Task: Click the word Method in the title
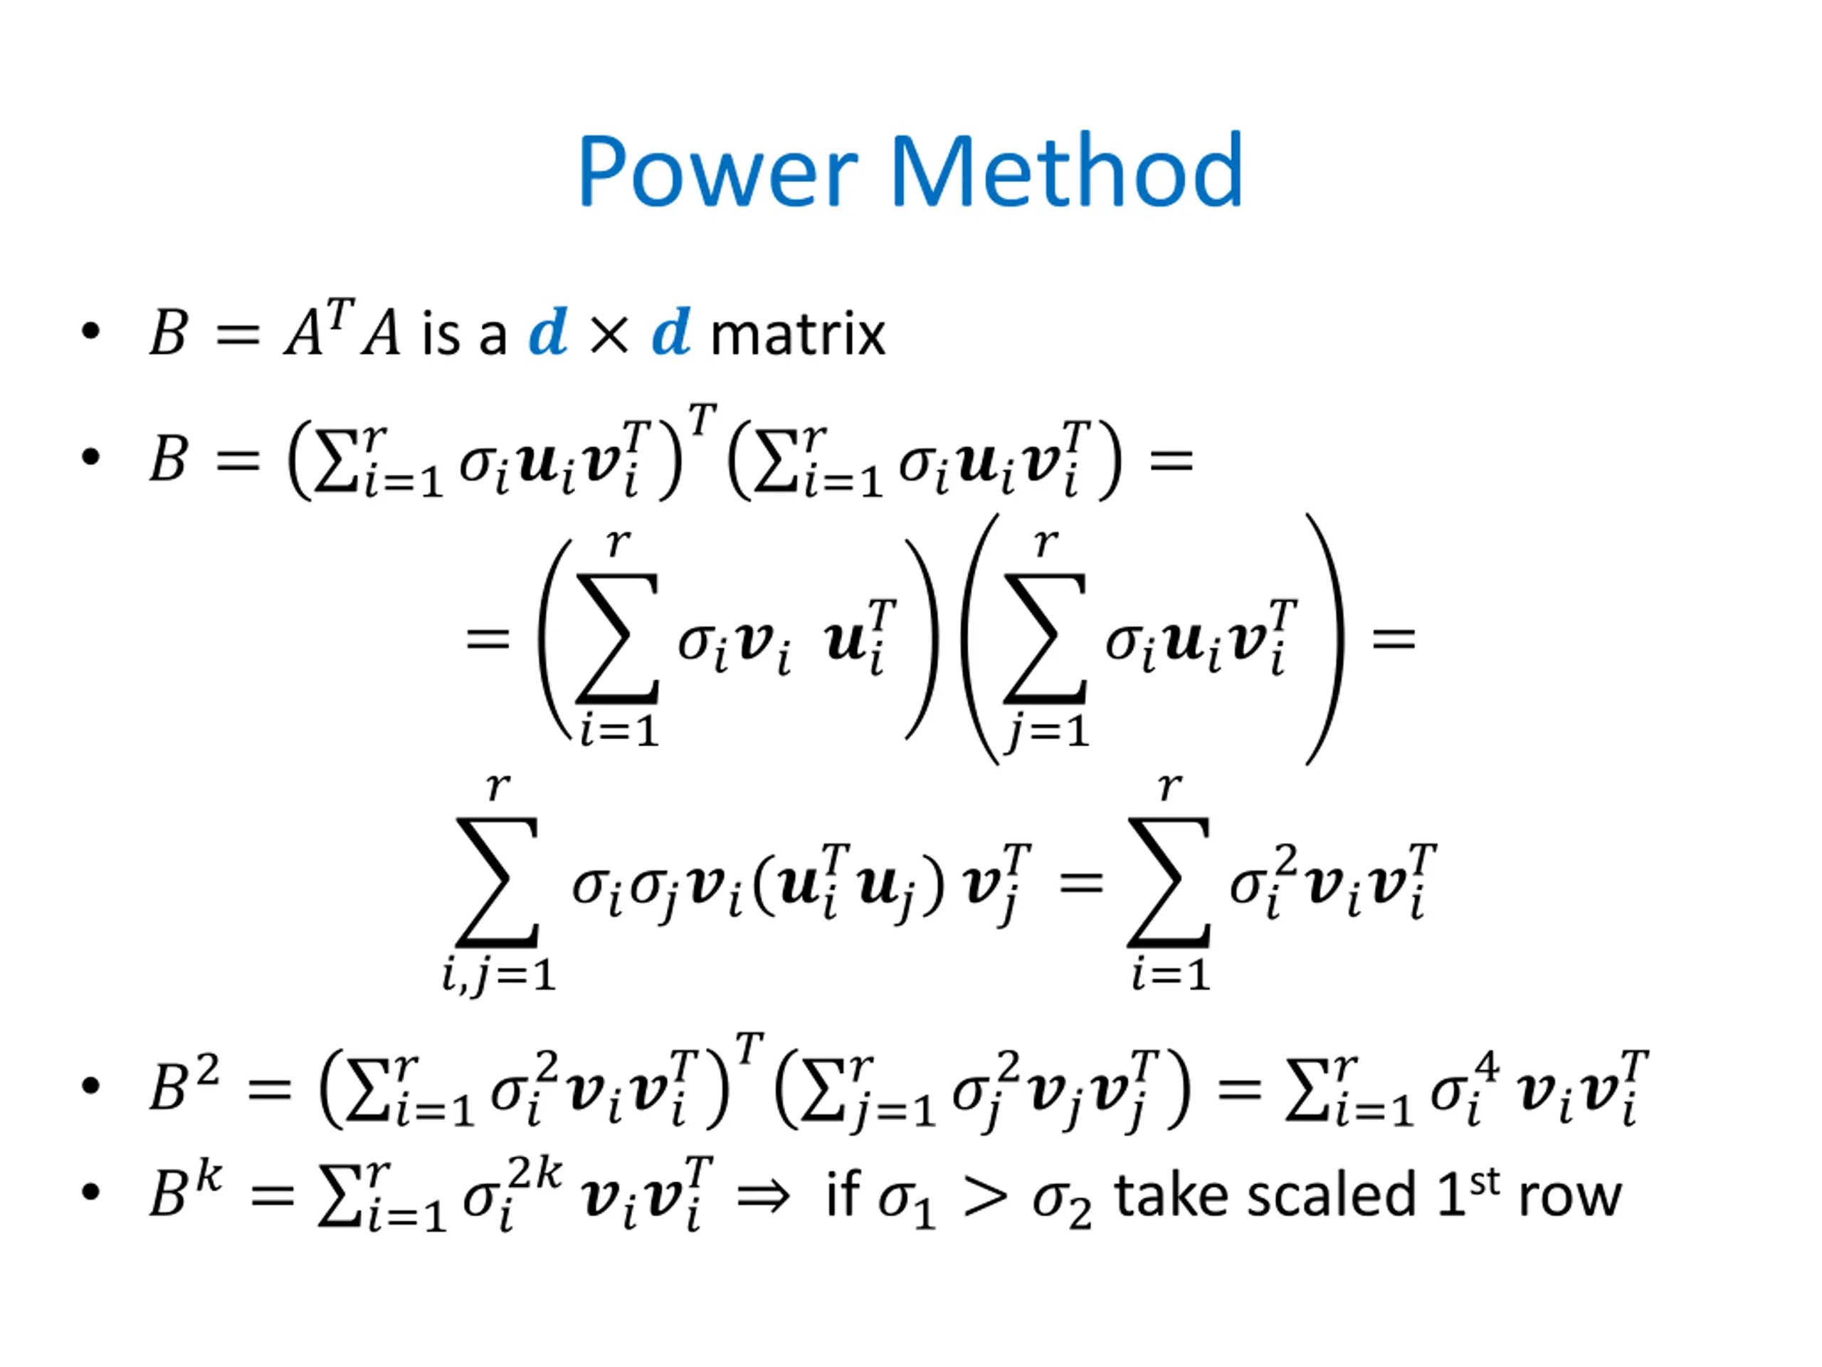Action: [1067, 171]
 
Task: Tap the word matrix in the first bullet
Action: [796, 335]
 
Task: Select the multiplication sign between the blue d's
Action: [609, 335]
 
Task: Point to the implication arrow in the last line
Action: [762, 1196]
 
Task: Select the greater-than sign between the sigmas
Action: [985, 1198]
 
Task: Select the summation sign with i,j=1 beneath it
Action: [497, 881]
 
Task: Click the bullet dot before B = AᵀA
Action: [90, 331]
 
